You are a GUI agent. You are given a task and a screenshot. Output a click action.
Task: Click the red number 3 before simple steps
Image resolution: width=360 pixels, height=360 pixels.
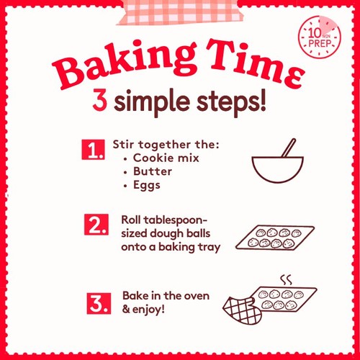[x=99, y=100]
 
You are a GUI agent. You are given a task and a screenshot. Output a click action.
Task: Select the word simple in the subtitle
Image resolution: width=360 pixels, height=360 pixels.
[x=152, y=102]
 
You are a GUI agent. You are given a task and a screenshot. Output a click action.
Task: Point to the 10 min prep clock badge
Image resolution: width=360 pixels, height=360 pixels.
[x=320, y=37]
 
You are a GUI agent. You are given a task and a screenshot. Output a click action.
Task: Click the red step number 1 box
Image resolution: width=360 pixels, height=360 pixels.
[x=93, y=150]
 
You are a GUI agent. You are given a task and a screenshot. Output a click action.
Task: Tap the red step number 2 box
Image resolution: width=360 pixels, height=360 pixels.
[x=96, y=225]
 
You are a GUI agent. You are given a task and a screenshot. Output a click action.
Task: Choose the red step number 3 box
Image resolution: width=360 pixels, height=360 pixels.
[x=99, y=303]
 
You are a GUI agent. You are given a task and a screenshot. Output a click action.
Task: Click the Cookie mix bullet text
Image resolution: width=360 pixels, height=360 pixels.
[x=166, y=158]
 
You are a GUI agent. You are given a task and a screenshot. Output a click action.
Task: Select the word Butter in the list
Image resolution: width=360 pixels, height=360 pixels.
[x=153, y=171]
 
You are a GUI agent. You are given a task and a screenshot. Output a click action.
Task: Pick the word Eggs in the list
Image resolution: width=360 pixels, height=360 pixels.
[x=147, y=186]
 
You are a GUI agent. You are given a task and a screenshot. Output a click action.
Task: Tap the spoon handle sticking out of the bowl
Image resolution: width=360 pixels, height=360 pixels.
[x=289, y=148]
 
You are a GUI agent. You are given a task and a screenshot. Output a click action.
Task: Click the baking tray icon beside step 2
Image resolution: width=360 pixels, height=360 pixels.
[x=275, y=237]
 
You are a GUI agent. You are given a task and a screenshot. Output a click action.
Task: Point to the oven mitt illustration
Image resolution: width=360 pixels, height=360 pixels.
[x=243, y=310]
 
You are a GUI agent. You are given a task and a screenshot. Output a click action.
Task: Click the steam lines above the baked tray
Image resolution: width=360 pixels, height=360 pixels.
[x=286, y=279]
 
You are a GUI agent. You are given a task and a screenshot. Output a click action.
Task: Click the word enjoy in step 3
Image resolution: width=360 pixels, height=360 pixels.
[x=148, y=310]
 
